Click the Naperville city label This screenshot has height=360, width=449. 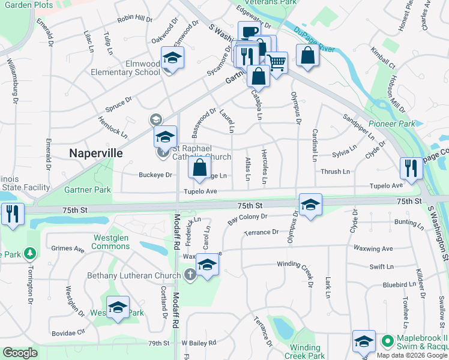click(x=96, y=152)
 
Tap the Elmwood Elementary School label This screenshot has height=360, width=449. click(x=125, y=68)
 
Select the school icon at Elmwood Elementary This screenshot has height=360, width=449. click(x=172, y=58)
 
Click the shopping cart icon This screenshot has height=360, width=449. click(x=277, y=62)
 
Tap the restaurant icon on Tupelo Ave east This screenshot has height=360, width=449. click(x=411, y=167)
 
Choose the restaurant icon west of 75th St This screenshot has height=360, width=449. click(x=12, y=213)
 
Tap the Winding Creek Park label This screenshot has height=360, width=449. click(x=305, y=352)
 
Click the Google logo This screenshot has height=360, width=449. click(x=20, y=353)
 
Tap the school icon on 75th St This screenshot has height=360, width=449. click(x=310, y=204)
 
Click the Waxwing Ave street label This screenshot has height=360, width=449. click(x=373, y=248)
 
